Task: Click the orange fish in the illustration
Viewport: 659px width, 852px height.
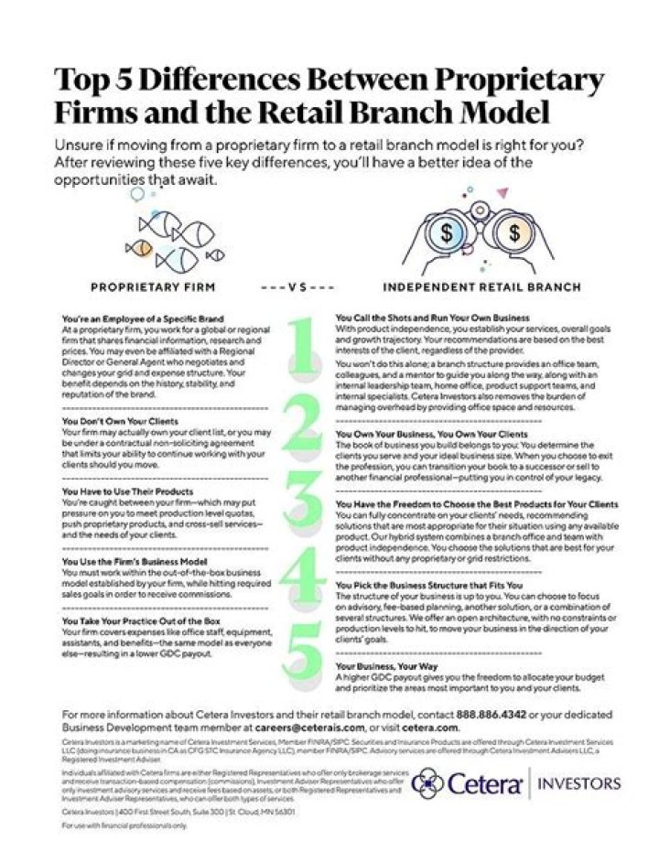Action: point(140,246)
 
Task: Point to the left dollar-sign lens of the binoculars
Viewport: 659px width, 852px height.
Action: point(447,232)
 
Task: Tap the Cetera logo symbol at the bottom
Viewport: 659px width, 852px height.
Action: point(431,783)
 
